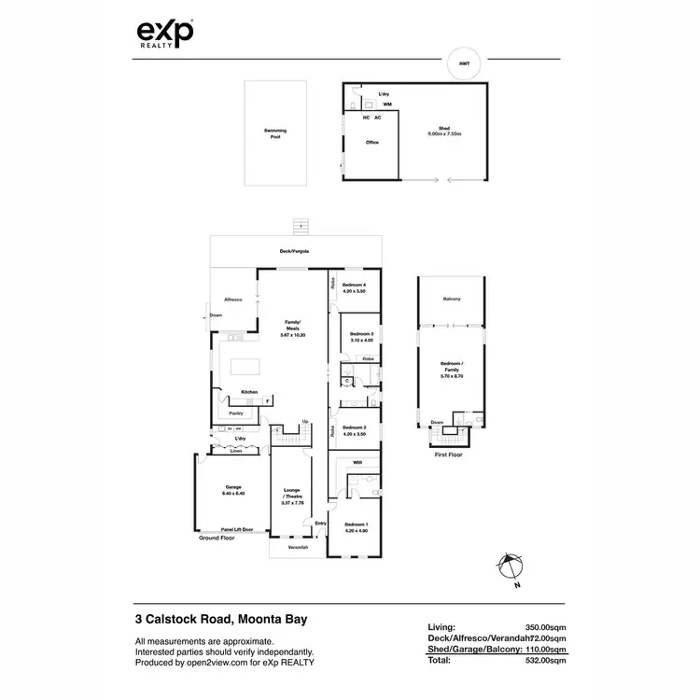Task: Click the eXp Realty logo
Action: tap(166, 35)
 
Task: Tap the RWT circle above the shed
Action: tap(465, 63)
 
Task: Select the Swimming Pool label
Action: tap(274, 133)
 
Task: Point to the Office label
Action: tap(371, 143)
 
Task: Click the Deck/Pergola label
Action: tap(295, 252)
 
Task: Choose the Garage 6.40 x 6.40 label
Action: tap(232, 490)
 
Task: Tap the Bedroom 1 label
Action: tap(356, 526)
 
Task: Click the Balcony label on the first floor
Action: tap(452, 299)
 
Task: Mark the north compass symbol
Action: tap(507, 566)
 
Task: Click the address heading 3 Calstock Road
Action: tap(220, 619)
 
